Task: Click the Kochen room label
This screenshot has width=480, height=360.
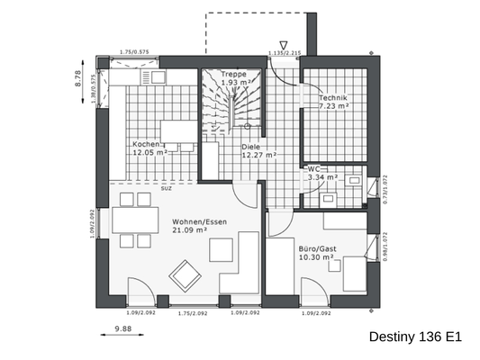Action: click(146, 144)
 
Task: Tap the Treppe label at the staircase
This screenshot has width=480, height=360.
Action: click(233, 74)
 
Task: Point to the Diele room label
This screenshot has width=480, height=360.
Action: click(250, 145)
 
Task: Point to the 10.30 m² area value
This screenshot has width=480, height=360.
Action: click(316, 256)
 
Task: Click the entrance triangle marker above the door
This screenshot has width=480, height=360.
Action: click(284, 43)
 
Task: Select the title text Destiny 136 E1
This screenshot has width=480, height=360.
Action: click(415, 337)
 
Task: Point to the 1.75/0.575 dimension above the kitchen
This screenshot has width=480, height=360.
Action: click(135, 52)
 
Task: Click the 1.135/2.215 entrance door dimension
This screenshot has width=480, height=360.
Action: click(284, 53)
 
